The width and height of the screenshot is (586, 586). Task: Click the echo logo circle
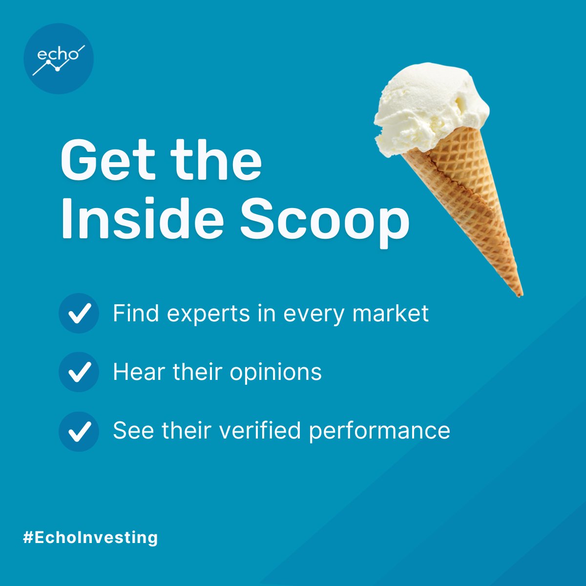click(59, 59)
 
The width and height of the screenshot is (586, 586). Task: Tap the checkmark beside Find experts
click(79, 313)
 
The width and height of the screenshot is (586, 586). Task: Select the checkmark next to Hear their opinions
click(79, 372)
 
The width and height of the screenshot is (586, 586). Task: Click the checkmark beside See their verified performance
click(79, 431)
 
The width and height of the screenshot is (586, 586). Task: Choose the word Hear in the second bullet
click(133, 372)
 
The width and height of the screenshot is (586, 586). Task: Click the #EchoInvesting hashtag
click(91, 538)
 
